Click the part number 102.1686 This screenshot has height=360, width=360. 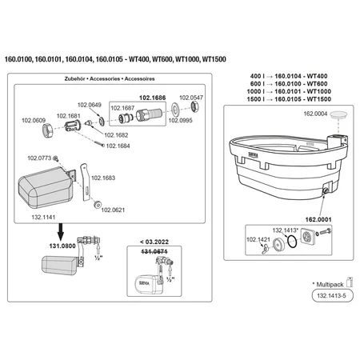click(x=154, y=98)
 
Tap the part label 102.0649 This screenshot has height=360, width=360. click(x=90, y=105)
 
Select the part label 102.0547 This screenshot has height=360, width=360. click(x=192, y=98)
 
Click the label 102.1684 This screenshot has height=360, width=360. click(x=118, y=146)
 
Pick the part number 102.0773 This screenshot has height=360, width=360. click(x=39, y=158)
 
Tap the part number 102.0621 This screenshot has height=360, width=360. click(x=114, y=210)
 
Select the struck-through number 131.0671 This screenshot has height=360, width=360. click(x=153, y=251)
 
